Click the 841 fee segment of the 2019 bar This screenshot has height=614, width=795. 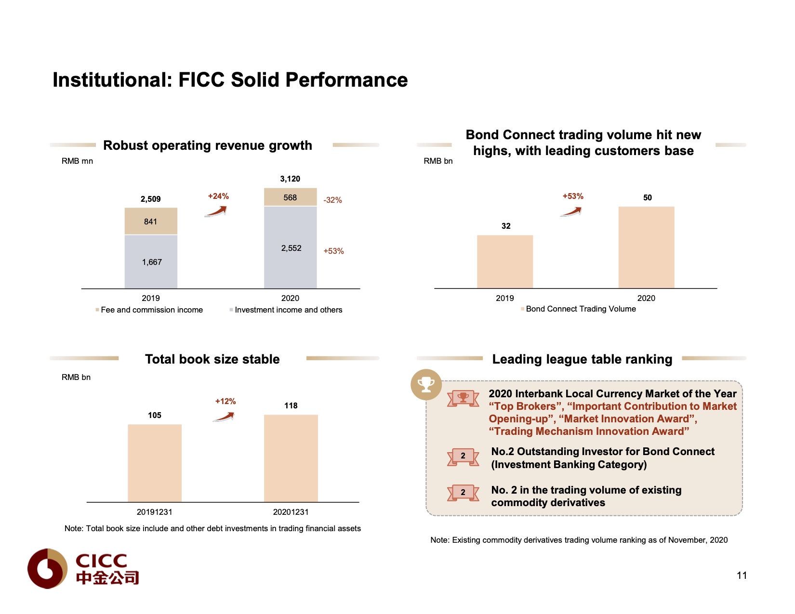(151, 222)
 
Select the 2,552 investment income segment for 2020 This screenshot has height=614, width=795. (291, 248)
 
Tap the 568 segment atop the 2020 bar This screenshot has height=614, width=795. (291, 197)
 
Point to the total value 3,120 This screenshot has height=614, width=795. (290, 179)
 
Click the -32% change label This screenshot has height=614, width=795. (332, 200)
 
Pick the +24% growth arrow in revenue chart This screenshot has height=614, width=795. (216, 211)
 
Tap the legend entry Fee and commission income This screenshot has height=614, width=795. (151, 310)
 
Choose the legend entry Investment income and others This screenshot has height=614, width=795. (288, 310)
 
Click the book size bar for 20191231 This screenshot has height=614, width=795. (155, 463)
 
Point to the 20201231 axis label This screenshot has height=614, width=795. (291, 512)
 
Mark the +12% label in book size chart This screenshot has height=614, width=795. (225, 401)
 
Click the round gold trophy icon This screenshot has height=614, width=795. (426, 384)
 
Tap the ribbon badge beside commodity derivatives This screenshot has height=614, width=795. (463, 492)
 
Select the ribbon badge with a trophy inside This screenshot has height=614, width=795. (463, 398)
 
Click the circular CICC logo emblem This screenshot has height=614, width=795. (47, 568)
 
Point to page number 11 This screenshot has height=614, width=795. (742, 575)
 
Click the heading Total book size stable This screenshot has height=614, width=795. (212, 359)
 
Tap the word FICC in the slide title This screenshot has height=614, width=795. (201, 80)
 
